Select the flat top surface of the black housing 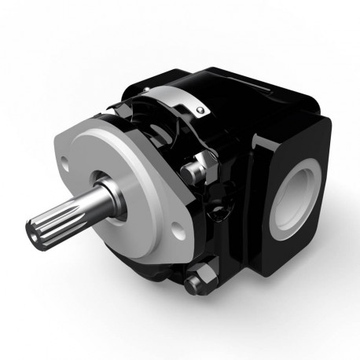click(252, 86)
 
